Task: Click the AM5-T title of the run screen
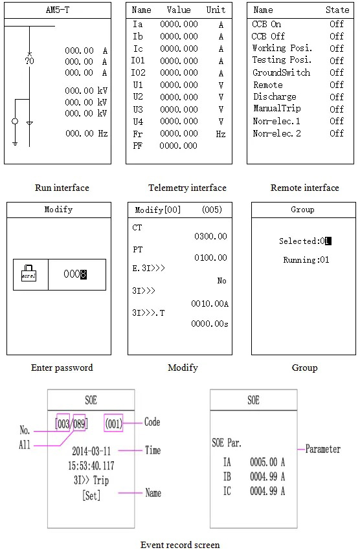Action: click(x=58, y=10)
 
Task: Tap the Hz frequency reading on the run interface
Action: click(x=86, y=133)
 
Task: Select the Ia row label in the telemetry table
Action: click(x=137, y=24)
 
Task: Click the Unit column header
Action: click(x=216, y=10)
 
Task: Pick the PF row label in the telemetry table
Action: click(x=137, y=146)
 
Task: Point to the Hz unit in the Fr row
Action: click(x=221, y=134)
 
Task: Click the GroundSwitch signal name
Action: click(x=282, y=72)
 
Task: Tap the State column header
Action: click(x=337, y=10)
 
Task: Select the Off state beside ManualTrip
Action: click(x=337, y=109)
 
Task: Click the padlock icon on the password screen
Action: click(x=28, y=273)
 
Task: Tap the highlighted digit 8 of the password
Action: click(x=84, y=274)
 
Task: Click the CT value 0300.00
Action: click(x=210, y=236)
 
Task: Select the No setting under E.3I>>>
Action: click(x=221, y=281)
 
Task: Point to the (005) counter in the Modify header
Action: click(x=212, y=210)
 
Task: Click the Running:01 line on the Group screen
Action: click(x=306, y=260)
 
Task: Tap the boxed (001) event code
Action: click(x=114, y=424)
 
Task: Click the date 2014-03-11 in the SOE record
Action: click(x=91, y=451)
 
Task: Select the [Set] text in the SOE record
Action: click(x=91, y=495)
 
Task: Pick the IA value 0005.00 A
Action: click(x=267, y=462)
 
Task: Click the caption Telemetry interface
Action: click(x=187, y=188)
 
